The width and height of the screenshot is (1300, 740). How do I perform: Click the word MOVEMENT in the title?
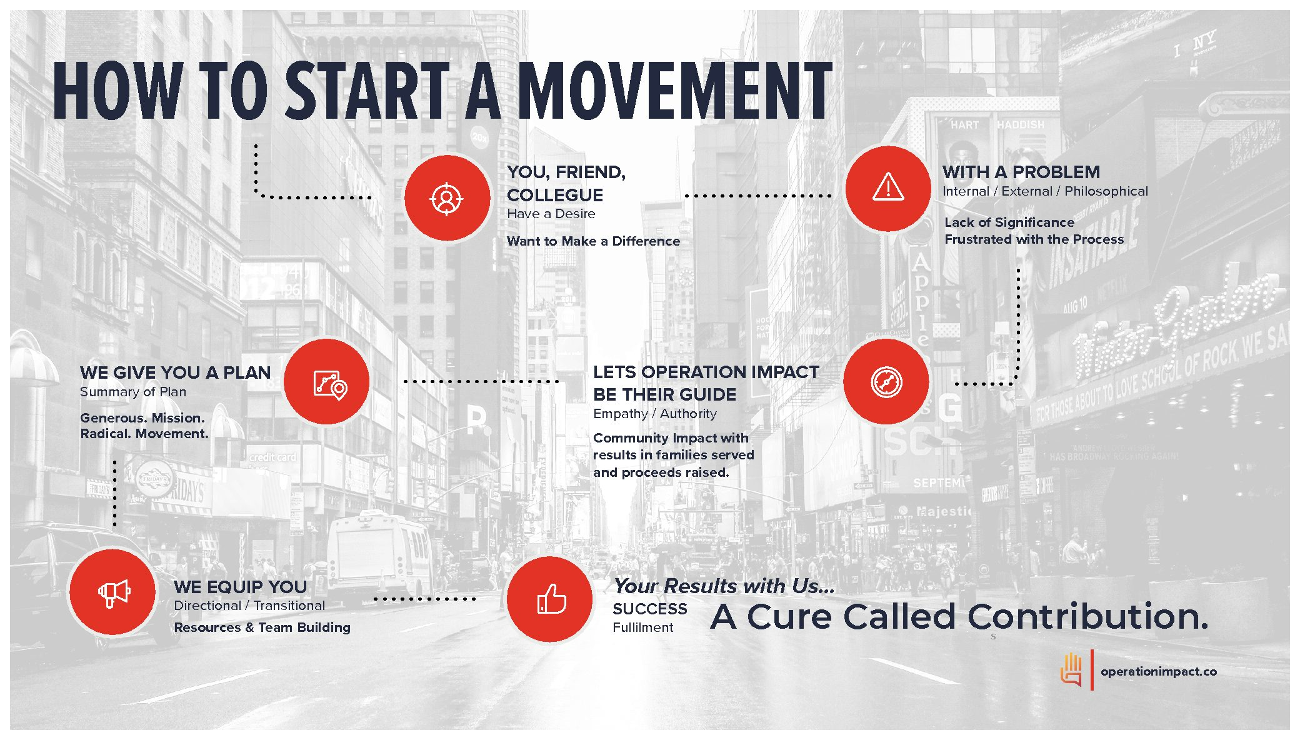675,91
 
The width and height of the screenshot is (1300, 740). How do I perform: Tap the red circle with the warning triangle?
888,188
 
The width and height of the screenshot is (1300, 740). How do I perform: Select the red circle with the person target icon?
447,198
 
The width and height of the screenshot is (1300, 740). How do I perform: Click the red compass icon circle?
886,381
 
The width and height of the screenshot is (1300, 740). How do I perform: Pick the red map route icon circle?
327,381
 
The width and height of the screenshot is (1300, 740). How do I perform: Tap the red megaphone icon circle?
112,591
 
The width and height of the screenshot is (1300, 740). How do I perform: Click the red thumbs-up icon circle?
550,599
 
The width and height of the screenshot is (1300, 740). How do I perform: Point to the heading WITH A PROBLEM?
1021,172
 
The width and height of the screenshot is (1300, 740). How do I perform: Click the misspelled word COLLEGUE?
555,195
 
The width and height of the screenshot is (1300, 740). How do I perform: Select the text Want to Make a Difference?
593,241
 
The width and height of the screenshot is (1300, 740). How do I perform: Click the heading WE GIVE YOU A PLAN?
175,372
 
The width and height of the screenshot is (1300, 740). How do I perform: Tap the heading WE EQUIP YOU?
240,587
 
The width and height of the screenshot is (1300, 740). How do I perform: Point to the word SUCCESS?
649,609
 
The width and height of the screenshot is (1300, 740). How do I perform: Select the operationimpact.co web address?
1159,671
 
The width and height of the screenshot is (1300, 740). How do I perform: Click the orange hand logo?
1071,669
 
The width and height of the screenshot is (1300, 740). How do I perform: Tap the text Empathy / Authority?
655,414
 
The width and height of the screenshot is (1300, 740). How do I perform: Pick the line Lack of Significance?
1009,222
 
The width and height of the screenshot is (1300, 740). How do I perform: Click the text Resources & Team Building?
262,627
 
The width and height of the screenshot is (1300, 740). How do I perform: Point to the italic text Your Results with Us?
724,586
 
